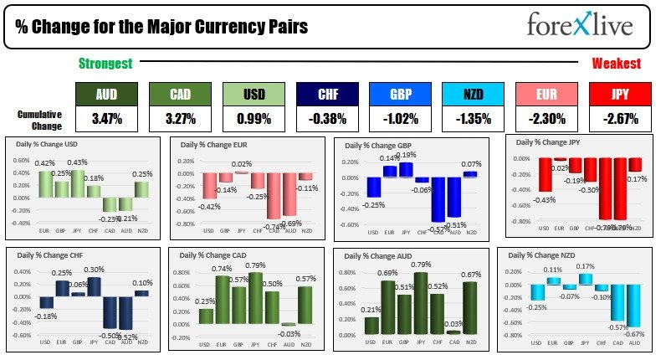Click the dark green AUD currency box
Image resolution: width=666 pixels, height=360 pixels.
pyautogui.click(x=105, y=94)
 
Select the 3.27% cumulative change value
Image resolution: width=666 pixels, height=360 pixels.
pyautogui.click(x=179, y=119)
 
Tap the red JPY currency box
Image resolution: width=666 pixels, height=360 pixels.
pyautogui.click(x=621, y=94)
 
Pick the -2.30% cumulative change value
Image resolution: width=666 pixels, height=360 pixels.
pyautogui.click(x=547, y=119)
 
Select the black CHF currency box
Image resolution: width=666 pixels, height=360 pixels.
pyautogui.click(x=326, y=94)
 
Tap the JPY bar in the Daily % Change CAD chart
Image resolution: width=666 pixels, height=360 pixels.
pyautogui.click(x=256, y=297)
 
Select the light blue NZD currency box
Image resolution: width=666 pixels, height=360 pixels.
pyautogui.click(x=474, y=94)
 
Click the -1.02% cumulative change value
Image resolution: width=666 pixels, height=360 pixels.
pyautogui.click(x=400, y=119)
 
